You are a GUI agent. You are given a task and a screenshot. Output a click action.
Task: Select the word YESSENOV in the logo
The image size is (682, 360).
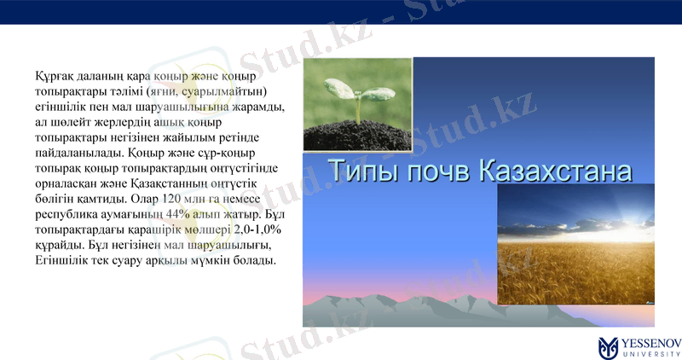(x=651, y=341)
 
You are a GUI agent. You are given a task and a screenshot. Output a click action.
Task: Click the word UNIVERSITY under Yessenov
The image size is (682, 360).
(x=651, y=352)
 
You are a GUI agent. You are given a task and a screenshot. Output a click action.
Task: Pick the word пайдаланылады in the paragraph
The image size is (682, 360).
(x=78, y=153)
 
